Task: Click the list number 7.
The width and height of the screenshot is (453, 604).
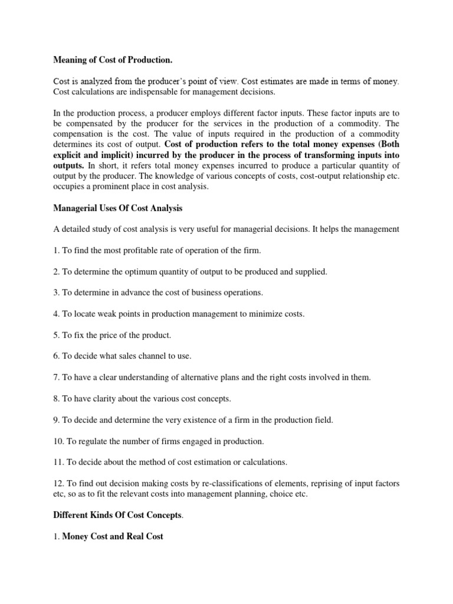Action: (x=55, y=377)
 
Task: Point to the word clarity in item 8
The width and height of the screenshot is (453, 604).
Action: (x=116, y=399)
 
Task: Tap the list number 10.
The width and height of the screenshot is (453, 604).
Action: (x=58, y=441)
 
